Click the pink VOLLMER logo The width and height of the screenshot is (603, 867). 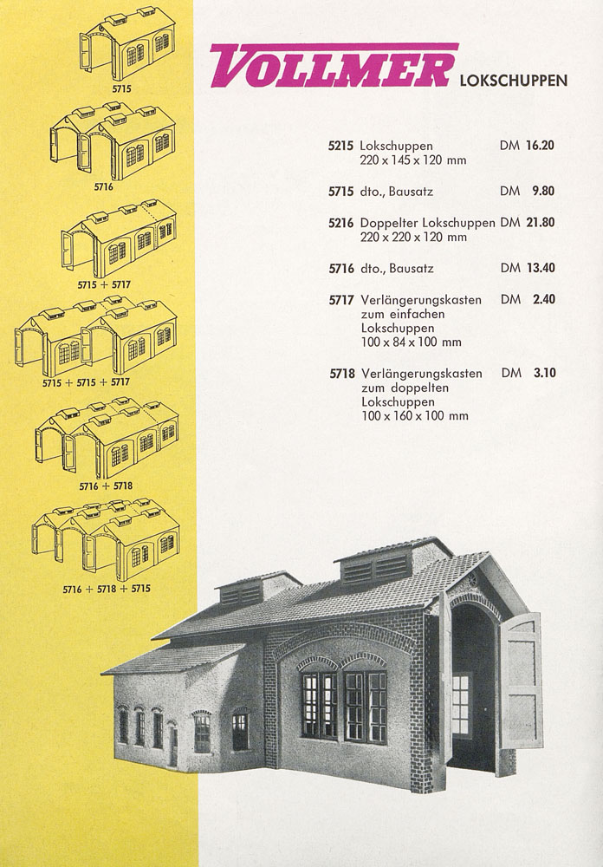coord(334,65)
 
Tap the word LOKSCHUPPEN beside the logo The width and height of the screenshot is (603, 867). coord(514,81)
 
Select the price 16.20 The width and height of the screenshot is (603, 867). coord(540,146)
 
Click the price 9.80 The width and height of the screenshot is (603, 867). coord(543,191)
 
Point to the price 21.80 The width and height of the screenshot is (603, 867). coord(541,222)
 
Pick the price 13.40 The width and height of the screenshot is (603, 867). coord(541,268)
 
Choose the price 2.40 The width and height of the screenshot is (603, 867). coord(544,299)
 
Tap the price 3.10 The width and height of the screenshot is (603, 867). coord(545,373)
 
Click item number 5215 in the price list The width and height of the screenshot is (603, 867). coord(340,146)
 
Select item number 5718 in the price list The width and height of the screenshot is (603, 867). coord(342,374)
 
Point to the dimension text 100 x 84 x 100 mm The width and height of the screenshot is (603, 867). coord(412,342)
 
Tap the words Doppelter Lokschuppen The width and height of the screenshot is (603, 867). coord(427,223)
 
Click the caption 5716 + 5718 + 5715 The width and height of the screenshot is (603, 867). coord(107,589)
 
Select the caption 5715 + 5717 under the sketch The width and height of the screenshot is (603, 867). coord(104,284)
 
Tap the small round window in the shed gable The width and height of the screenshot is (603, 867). coord(473,580)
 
